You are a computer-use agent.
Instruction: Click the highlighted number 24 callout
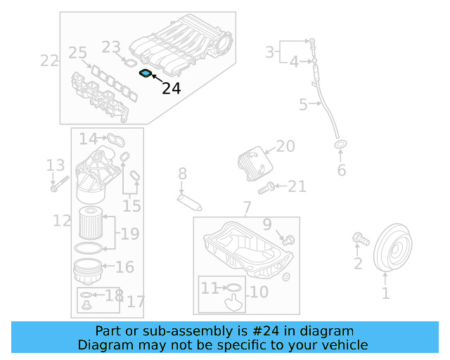click(x=171, y=89)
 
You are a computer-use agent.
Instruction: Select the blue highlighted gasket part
click(x=145, y=73)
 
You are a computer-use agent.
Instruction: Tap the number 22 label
click(x=49, y=60)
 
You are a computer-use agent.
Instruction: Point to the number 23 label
click(x=111, y=47)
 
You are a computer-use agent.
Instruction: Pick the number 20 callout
click(x=285, y=146)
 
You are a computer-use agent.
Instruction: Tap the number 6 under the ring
click(x=342, y=171)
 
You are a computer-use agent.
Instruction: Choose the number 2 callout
click(x=358, y=264)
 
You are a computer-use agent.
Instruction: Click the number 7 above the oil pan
click(x=246, y=207)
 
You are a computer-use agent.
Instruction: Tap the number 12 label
click(x=62, y=221)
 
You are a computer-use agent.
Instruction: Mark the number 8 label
click(x=182, y=173)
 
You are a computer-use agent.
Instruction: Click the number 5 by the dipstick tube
click(x=303, y=105)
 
